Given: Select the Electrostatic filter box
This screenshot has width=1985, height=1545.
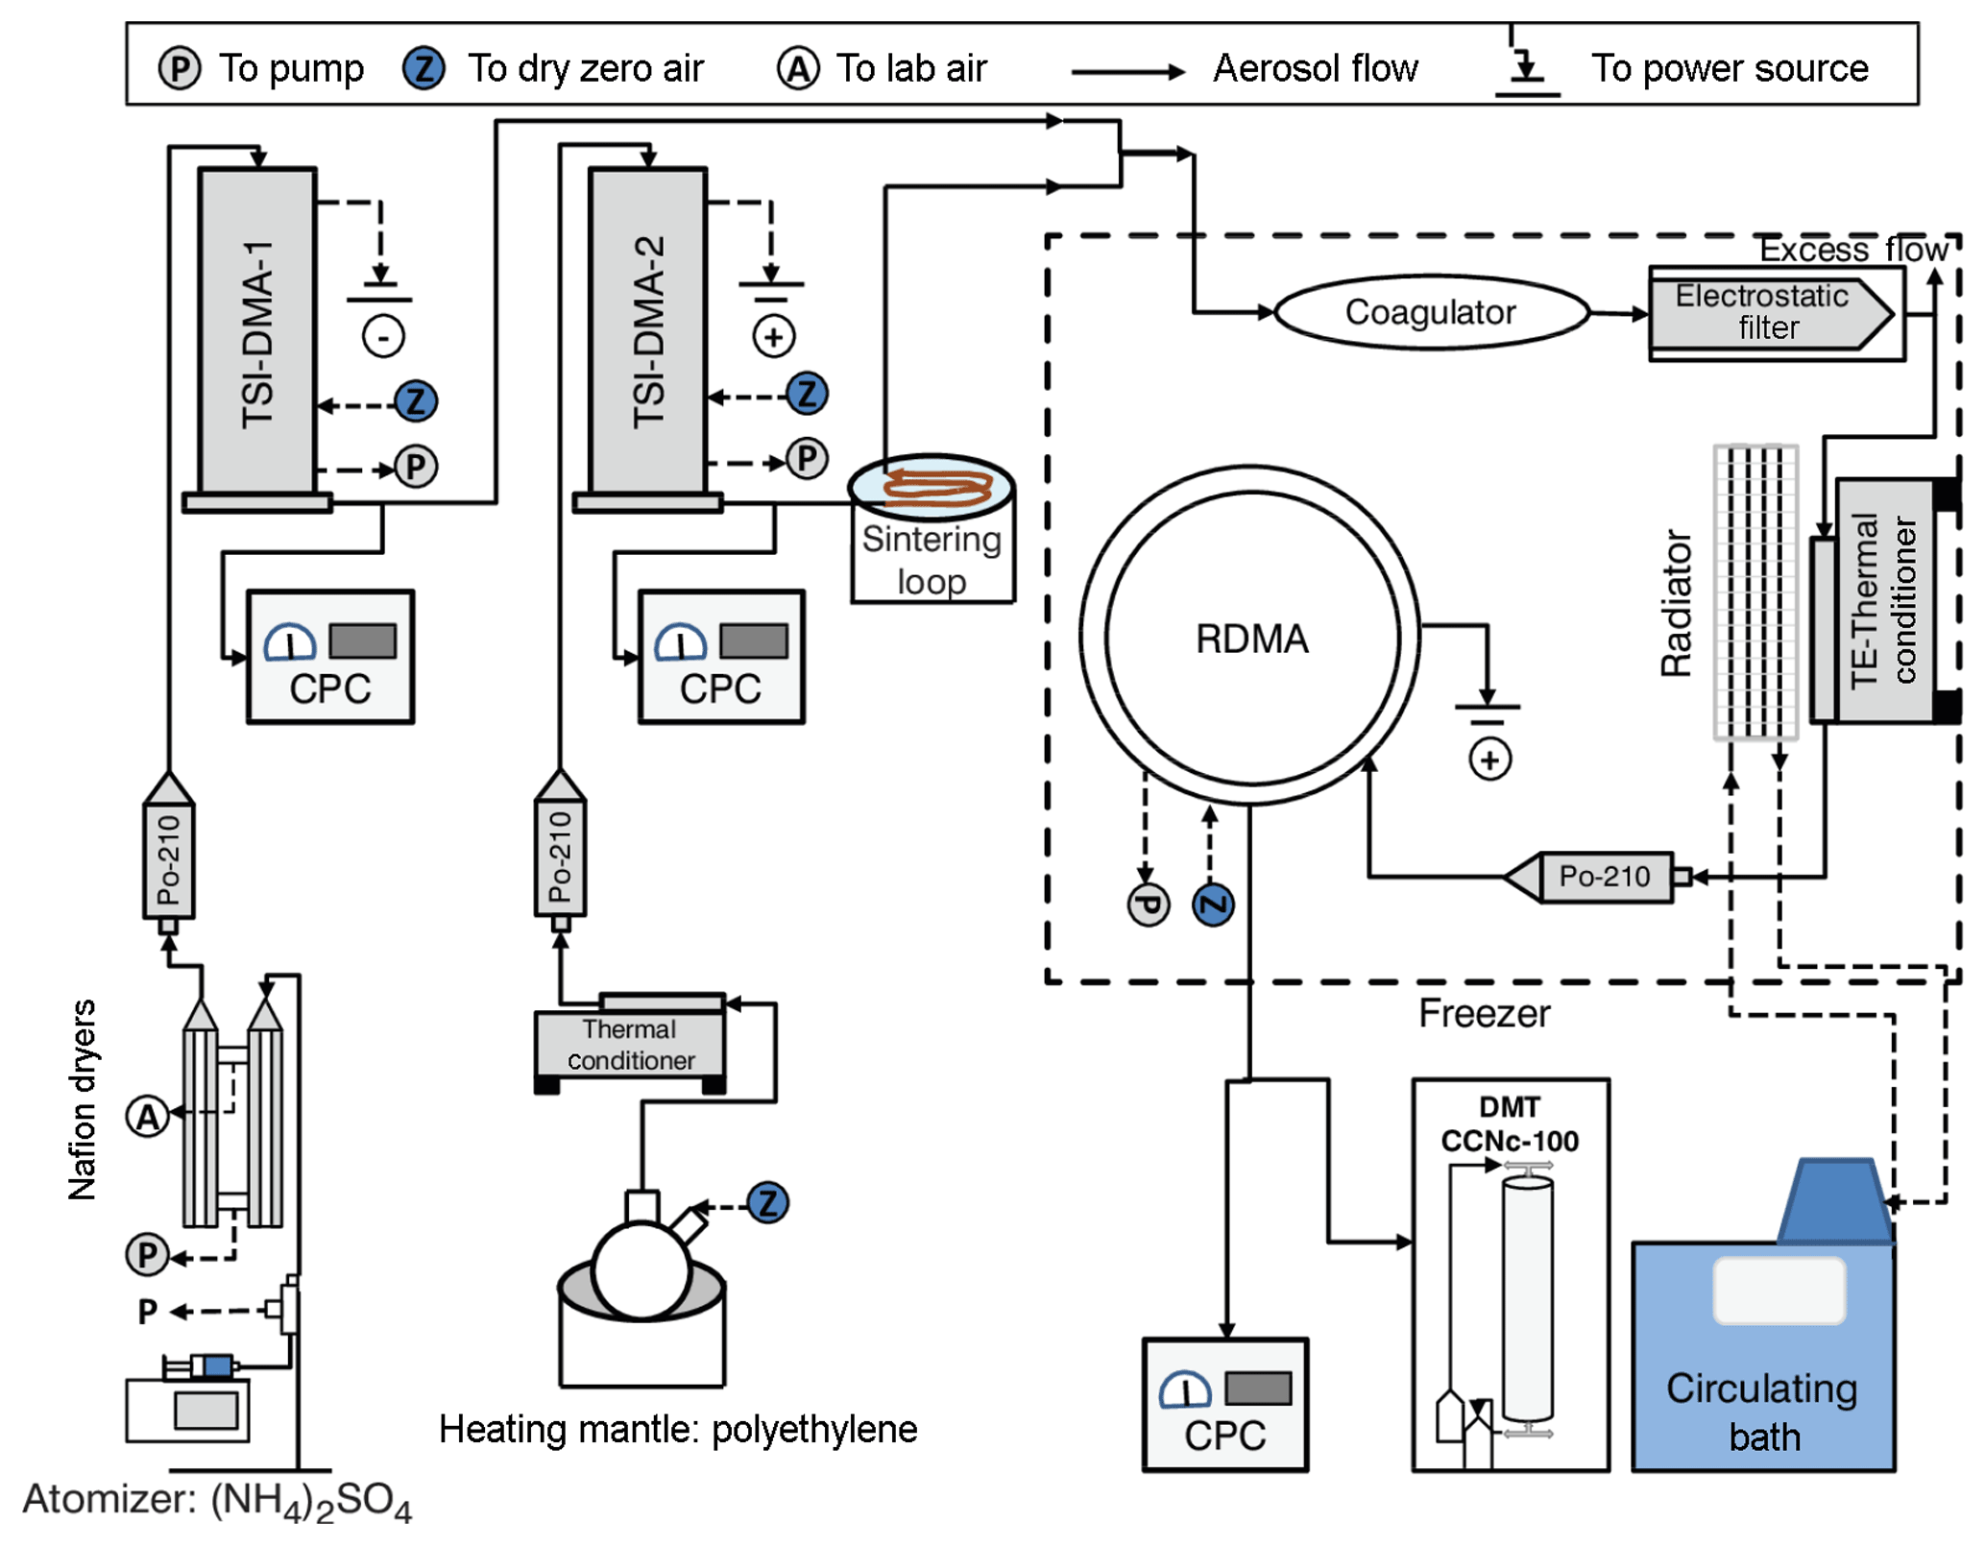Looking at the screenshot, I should point(1767,313).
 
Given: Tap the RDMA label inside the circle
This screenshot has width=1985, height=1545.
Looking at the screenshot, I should point(1250,639).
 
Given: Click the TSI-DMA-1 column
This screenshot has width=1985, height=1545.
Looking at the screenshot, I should point(256,331).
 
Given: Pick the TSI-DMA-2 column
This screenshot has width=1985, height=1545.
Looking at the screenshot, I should point(648,331).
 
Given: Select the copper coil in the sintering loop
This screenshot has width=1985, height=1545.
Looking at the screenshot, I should point(936,486).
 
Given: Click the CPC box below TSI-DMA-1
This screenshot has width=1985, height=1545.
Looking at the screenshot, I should point(330,657).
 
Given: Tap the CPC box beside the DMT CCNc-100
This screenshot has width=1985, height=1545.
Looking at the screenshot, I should point(1224,1404).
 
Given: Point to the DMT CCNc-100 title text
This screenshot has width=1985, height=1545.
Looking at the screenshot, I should point(1510,1124).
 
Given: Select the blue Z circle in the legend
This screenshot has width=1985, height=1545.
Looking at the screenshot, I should point(424,69).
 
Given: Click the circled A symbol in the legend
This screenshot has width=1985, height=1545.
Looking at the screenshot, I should point(798,69).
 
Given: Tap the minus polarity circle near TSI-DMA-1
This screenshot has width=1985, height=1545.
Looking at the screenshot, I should point(383,336).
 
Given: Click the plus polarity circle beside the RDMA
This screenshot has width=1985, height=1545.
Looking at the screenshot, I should point(1489,760).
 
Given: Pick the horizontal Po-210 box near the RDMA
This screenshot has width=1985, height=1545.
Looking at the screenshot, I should point(1604,877).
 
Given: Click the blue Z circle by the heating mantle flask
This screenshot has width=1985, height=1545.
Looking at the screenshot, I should point(768,1202).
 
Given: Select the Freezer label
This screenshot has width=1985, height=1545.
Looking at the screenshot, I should point(1484,1014).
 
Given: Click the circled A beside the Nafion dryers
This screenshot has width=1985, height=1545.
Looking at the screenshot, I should point(148,1116).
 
